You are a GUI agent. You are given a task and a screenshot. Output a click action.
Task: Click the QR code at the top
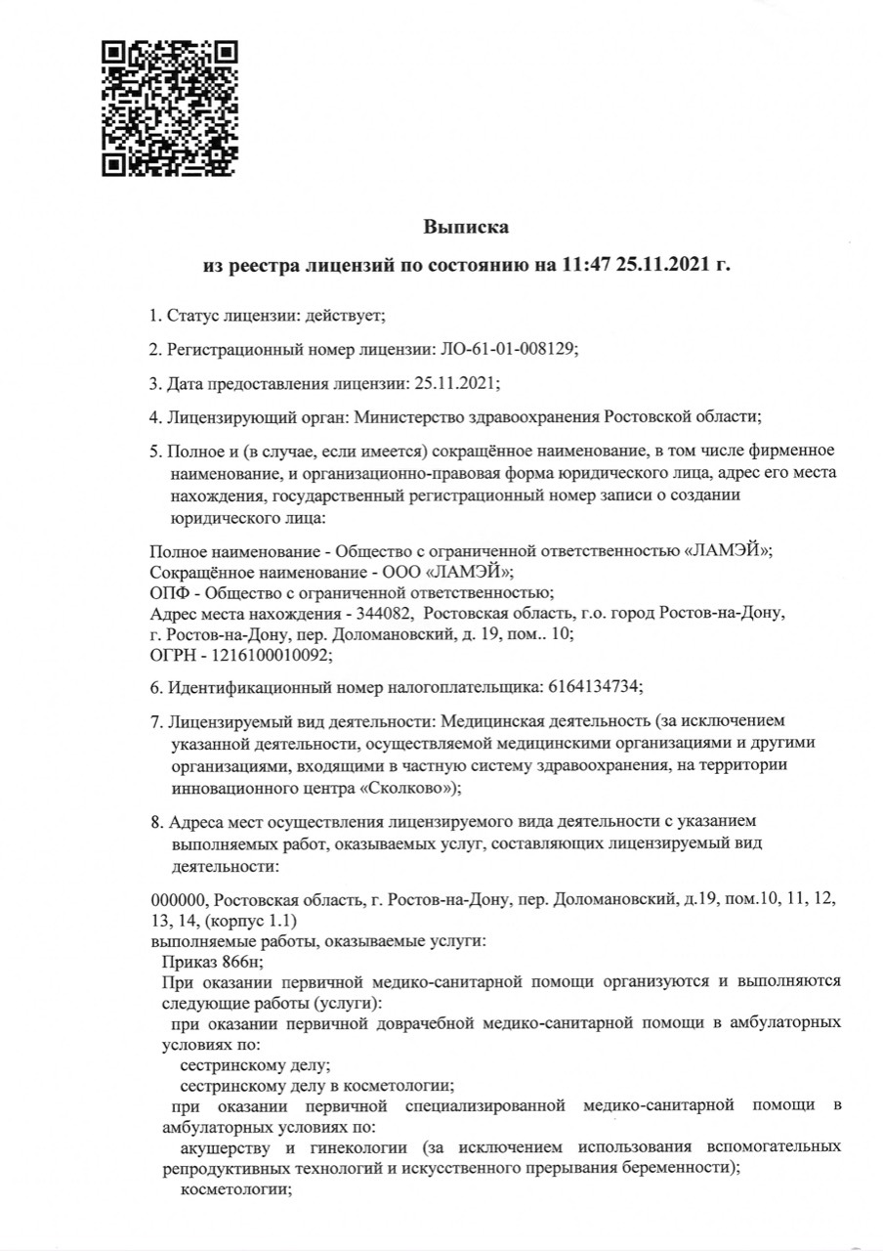point(170,108)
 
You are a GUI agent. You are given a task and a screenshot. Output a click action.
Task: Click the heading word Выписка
point(466,228)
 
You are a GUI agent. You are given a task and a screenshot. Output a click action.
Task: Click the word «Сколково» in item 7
point(405,787)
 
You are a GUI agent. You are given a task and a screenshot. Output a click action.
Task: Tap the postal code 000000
point(179,898)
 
